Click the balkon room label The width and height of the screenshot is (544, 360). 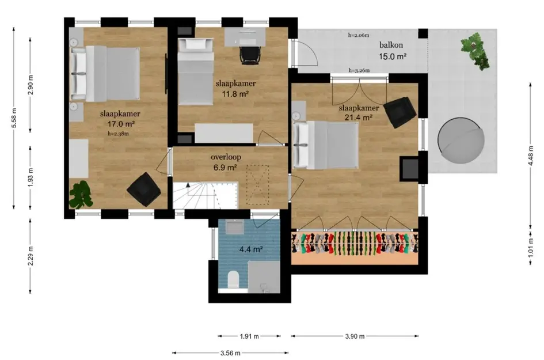(391, 45)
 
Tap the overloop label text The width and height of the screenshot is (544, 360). (226, 157)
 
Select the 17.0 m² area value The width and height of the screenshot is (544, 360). (121, 124)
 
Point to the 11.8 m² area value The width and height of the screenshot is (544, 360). (235, 93)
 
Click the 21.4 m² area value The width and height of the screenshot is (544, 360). (359, 118)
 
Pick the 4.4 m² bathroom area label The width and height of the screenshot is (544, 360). (251, 249)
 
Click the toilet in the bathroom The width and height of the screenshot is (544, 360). (233, 279)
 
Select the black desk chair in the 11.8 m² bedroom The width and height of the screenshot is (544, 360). (250, 55)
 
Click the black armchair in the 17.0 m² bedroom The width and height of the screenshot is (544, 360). (144, 190)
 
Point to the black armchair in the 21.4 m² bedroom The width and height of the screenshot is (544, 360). (400, 112)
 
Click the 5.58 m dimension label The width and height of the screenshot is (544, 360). (14, 118)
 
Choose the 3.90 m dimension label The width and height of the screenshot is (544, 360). (355, 336)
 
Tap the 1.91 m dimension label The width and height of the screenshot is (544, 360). (249, 336)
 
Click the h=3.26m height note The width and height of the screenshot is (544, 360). (359, 70)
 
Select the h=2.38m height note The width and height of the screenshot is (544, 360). (119, 133)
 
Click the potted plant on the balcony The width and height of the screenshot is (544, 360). (475, 51)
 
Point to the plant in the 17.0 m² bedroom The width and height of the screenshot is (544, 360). (81, 195)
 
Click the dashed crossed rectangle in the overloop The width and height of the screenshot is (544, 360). (258, 185)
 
